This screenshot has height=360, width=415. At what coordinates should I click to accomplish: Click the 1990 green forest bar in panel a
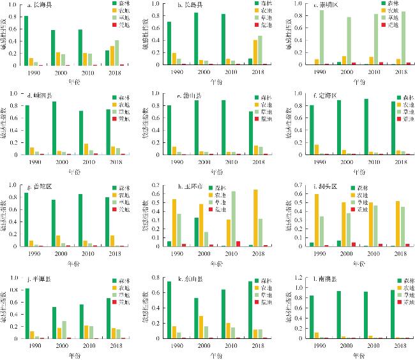(x=26, y=41)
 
